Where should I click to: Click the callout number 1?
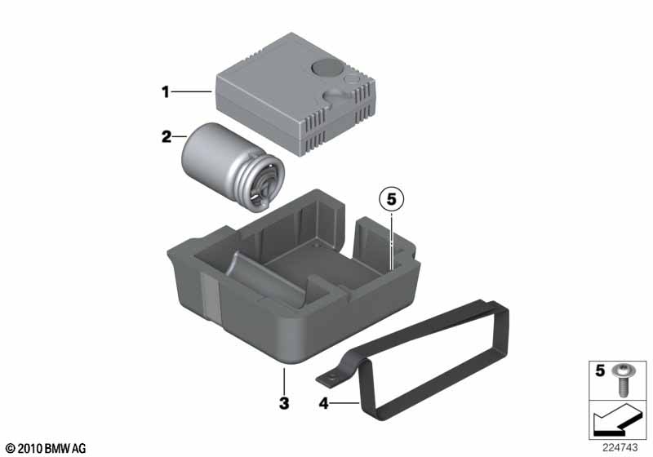coord(166,91)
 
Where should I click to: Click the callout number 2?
coord(167,136)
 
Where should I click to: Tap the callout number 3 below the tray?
coord(284,403)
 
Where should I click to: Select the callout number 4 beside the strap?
coord(323,403)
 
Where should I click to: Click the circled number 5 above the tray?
coord(392,199)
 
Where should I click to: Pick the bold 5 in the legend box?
coord(600,370)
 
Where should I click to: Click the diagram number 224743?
coord(620,448)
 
